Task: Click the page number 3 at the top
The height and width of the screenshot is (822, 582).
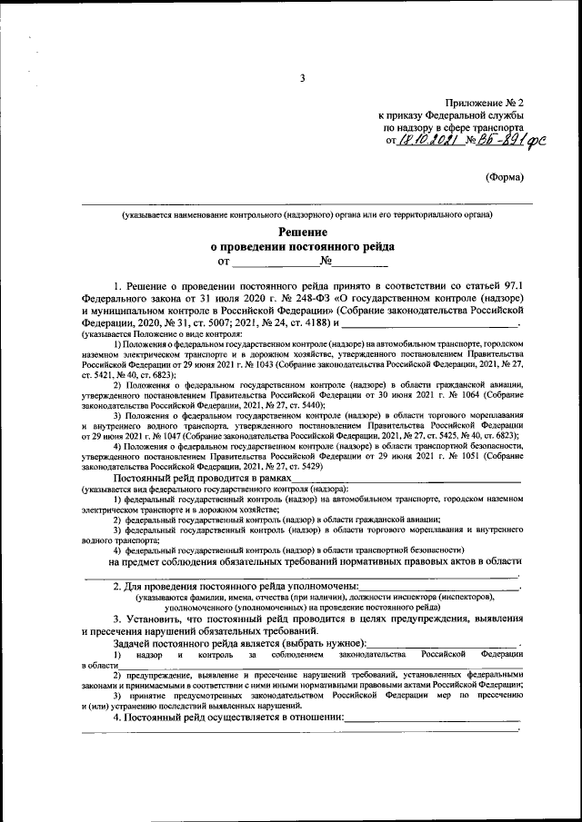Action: coord(302,78)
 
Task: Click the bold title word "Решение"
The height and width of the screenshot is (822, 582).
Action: coord(302,233)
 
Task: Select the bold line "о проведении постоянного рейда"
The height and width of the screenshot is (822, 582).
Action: coord(302,247)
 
